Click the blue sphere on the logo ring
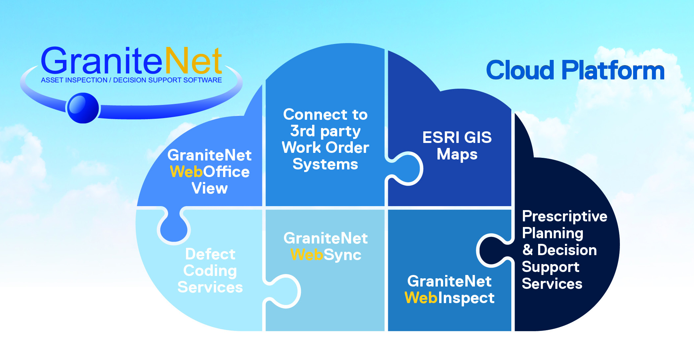[x=83, y=108]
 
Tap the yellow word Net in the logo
[x=193, y=61]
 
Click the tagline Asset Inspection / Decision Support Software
[x=131, y=80]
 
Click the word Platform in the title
[x=613, y=70]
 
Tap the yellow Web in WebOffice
[x=186, y=172]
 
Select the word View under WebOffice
[x=209, y=188]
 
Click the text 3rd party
[x=325, y=131]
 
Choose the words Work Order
[x=325, y=148]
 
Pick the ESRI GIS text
[x=457, y=137]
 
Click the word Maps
[x=457, y=154]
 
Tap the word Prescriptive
[x=564, y=216]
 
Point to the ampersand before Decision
[x=528, y=250]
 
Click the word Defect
[x=210, y=254]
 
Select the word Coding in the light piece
[x=210, y=271]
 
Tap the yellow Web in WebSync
[x=306, y=255]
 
